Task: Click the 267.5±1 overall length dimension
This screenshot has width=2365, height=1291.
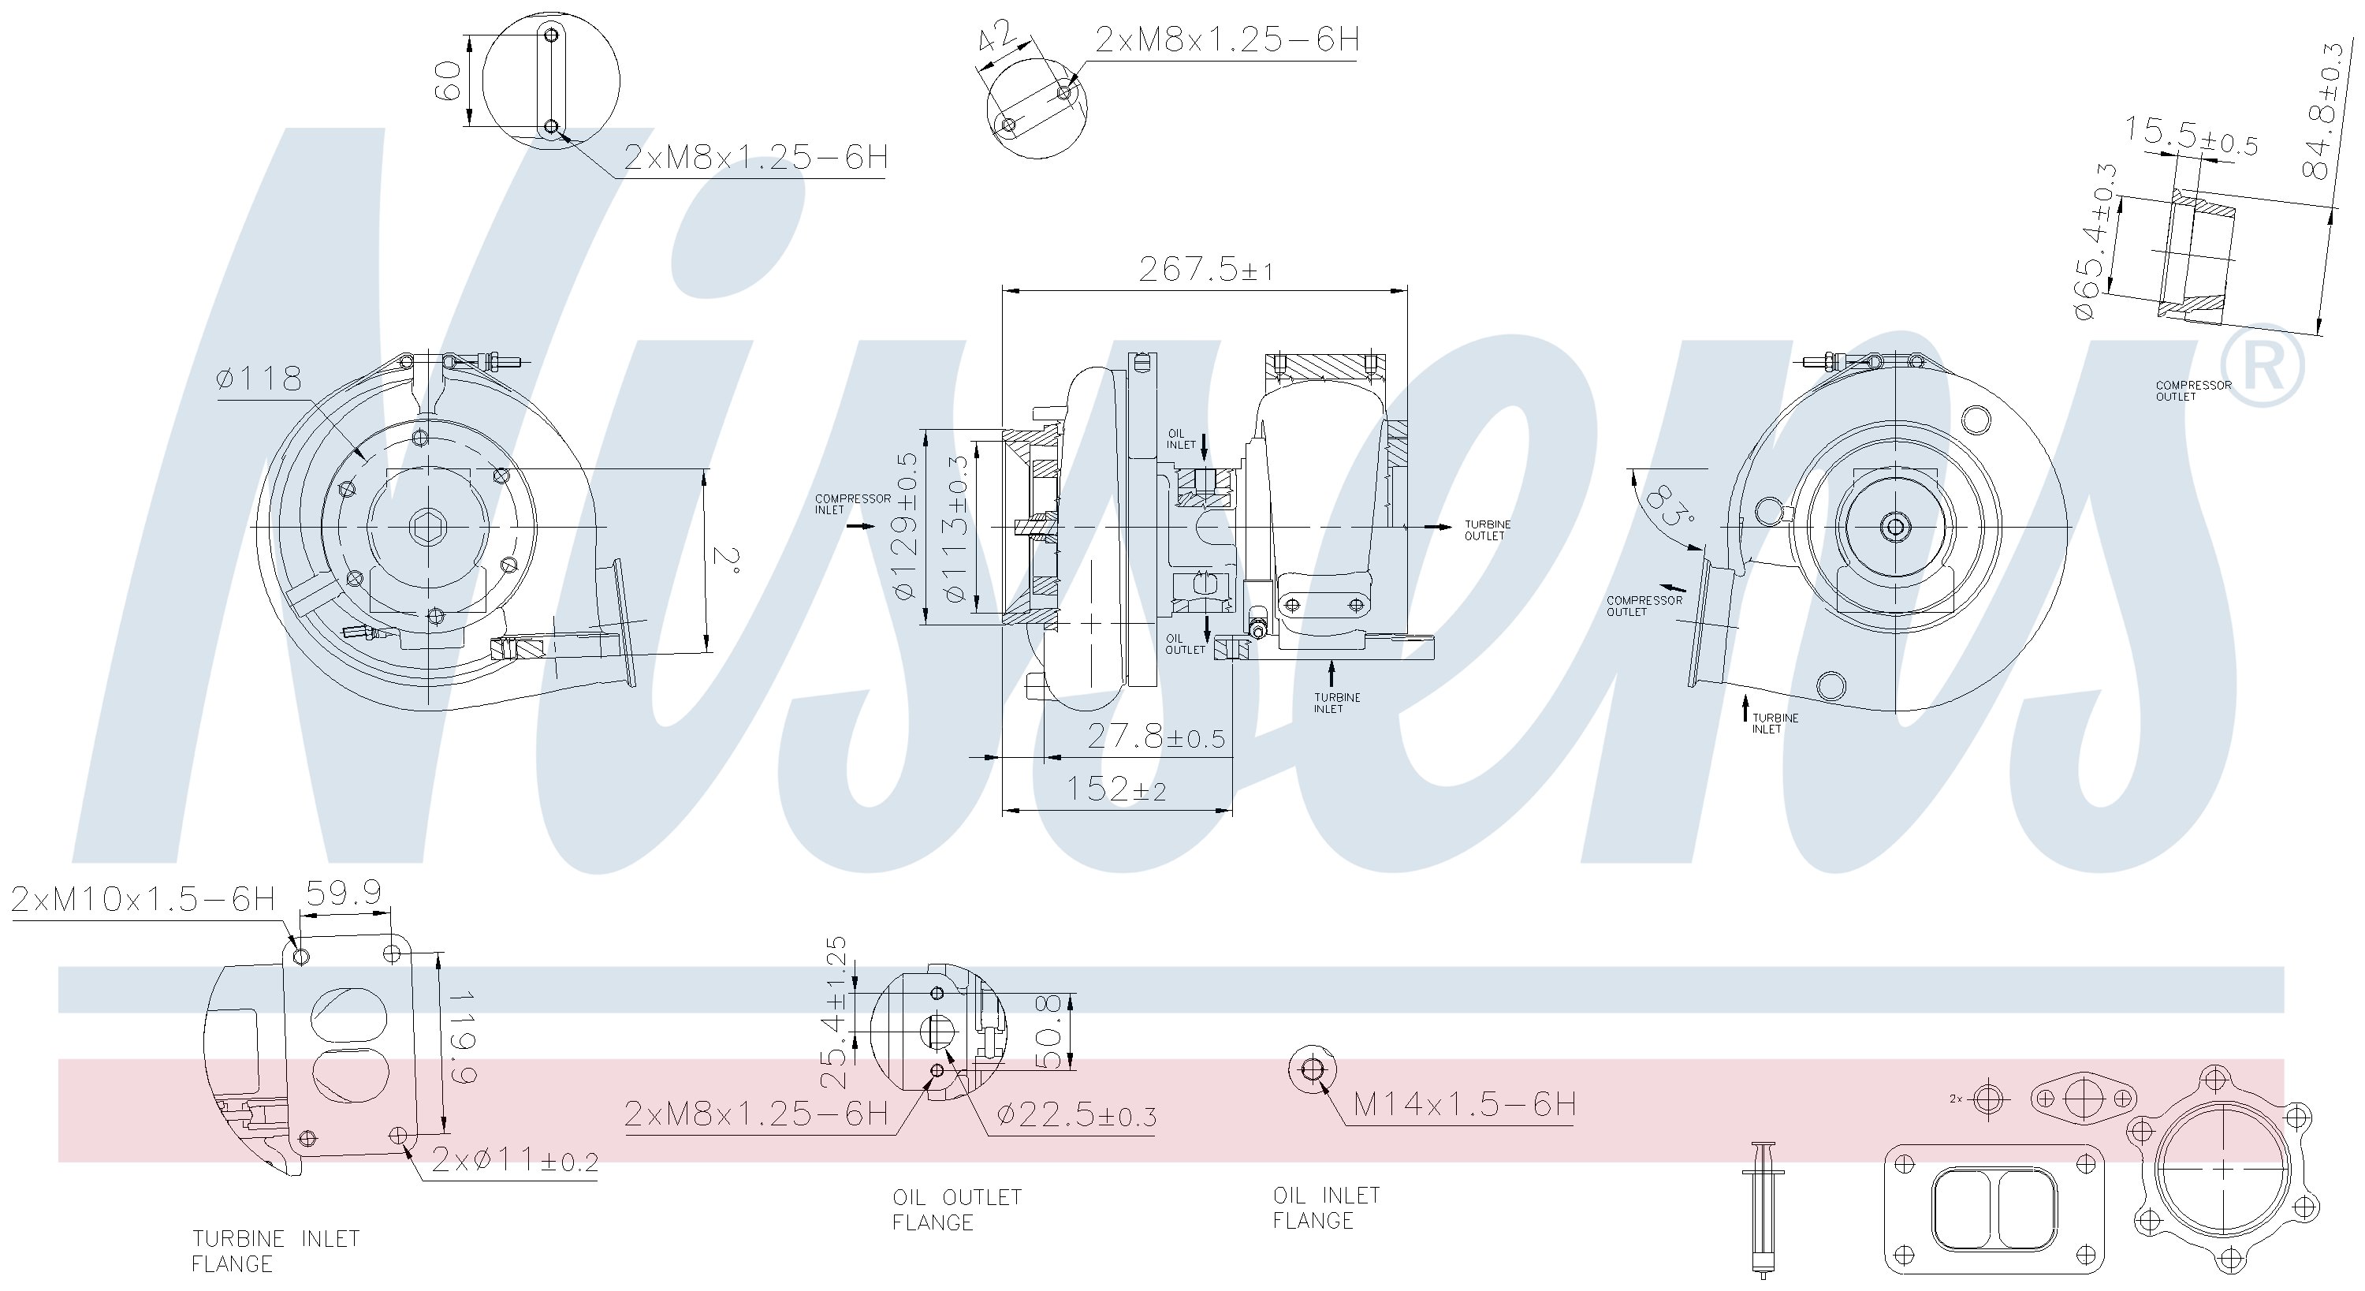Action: [x=1205, y=270]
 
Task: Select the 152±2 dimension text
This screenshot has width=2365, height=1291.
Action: [x=1115, y=789]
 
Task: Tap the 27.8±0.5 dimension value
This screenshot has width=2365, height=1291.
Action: [x=1155, y=737]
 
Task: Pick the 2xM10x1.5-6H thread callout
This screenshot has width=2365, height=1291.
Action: [x=143, y=899]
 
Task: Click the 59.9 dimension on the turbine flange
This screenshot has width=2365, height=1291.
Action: [x=344, y=893]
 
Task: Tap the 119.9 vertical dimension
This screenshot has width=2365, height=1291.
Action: [x=462, y=1038]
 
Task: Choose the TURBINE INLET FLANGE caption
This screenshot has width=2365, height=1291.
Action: [x=275, y=1251]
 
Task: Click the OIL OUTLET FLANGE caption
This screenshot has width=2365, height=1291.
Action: [x=957, y=1209]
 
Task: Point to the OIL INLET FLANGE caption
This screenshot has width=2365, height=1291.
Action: [x=1326, y=1207]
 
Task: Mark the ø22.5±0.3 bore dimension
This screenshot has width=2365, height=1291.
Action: [x=1076, y=1116]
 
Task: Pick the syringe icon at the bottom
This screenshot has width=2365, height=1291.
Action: [x=1763, y=1209]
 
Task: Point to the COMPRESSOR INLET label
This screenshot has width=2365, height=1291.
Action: [x=852, y=504]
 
